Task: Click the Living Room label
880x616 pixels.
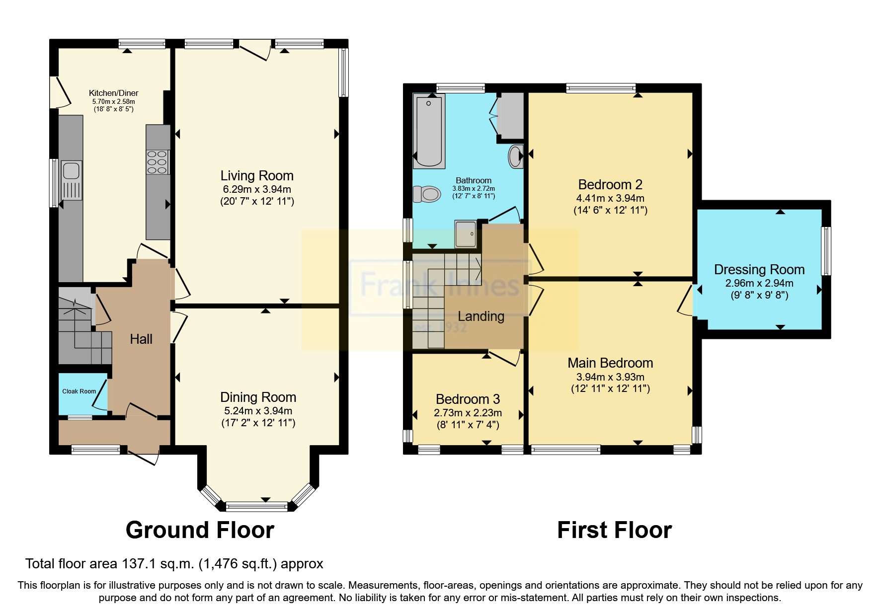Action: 257,176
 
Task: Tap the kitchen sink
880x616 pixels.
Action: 71,171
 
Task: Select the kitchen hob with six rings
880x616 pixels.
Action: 157,162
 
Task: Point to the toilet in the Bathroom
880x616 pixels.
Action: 427,194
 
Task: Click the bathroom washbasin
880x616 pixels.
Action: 516,156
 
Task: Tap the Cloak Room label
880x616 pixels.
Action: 79,391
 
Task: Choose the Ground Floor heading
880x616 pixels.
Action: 200,530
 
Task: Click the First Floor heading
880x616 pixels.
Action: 614,530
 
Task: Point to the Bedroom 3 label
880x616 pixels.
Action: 468,399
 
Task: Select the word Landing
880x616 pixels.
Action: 480,316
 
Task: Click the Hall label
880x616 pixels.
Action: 141,339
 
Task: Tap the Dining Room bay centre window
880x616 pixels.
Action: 256,507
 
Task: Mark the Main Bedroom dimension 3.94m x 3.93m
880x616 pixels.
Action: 610,377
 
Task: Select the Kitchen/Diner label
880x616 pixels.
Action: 113,93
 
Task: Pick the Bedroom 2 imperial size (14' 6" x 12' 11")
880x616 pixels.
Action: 610,210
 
